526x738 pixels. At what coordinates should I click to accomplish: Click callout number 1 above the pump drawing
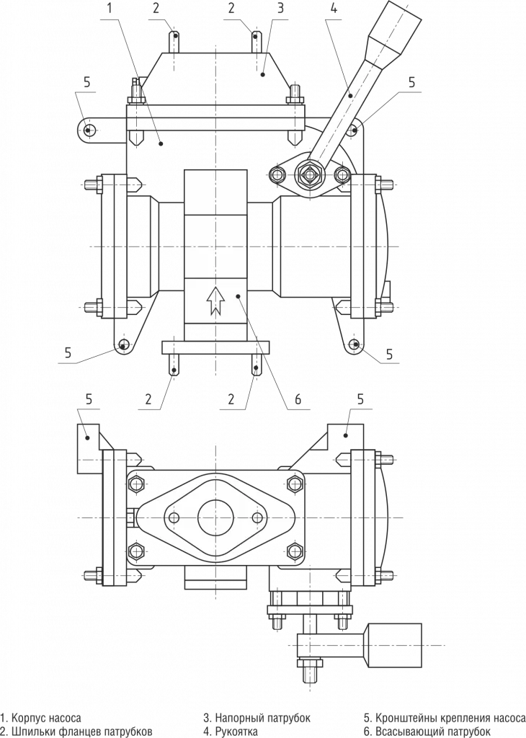(x=110, y=9)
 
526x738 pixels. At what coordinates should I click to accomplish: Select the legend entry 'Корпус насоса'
(x=42, y=719)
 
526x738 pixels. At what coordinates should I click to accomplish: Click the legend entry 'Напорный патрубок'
(x=257, y=719)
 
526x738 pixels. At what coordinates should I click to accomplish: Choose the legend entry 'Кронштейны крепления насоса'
(x=444, y=719)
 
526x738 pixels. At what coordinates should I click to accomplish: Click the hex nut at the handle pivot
(x=311, y=174)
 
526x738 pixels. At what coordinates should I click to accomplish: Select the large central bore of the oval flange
(x=214, y=518)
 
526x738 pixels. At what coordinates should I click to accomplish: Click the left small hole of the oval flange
(x=173, y=518)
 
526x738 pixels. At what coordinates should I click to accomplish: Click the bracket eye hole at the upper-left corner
(x=88, y=130)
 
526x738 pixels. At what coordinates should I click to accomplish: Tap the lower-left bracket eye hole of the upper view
(x=125, y=344)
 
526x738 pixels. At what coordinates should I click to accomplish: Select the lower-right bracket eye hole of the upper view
(x=354, y=345)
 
